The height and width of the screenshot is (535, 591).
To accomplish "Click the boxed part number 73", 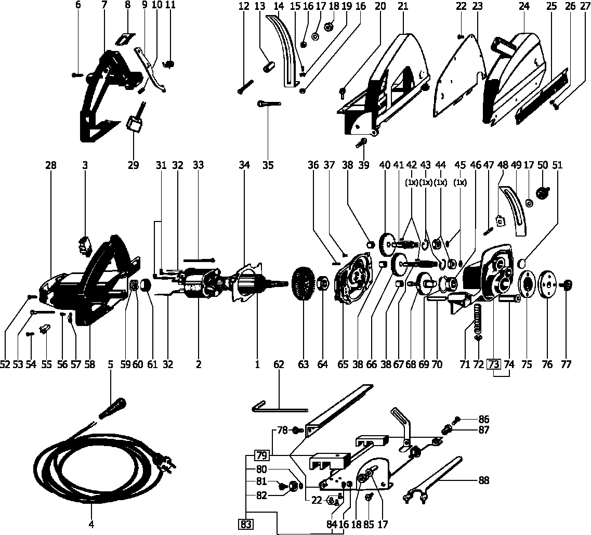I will (x=494, y=364).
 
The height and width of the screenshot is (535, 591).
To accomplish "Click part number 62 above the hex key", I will (x=279, y=364).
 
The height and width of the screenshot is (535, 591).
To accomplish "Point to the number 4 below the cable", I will (x=91, y=524).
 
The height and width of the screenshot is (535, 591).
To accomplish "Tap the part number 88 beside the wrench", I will (x=484, y=481).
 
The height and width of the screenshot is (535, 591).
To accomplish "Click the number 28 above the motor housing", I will (x=50, y=165).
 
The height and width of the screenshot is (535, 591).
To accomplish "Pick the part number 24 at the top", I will (x=524, y=6).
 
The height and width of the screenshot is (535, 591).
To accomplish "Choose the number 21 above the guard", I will (x=402, y=6).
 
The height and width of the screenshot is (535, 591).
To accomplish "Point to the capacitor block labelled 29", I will (x=135, y=125).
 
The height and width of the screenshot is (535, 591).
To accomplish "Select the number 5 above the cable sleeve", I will (x=110, y=364).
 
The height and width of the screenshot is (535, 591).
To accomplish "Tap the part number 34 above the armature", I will (x=245, y=165).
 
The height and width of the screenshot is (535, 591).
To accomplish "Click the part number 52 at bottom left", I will (x=5, y=364).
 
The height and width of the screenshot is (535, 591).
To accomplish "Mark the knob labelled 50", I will (x=543, y=194).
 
